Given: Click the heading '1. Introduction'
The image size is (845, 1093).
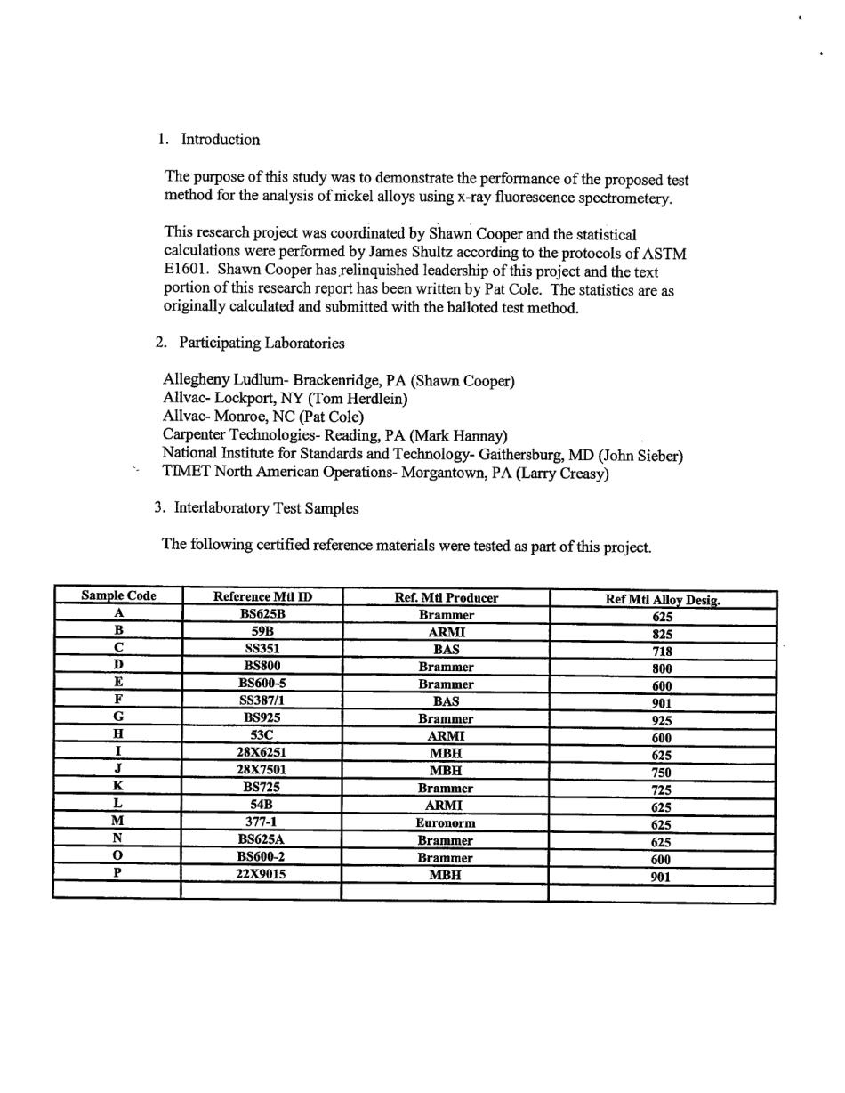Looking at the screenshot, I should (x=209, y=140).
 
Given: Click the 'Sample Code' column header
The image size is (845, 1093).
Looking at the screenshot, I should (x=118, y=596).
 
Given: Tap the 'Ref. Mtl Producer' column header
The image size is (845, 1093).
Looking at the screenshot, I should (x=446, y=598).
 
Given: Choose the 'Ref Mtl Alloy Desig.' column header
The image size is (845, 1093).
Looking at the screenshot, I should (x=663, y=600).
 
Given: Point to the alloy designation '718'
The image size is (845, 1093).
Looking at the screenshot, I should (x=662, y=652).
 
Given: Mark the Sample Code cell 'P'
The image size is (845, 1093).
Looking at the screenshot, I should (x=117, y=874).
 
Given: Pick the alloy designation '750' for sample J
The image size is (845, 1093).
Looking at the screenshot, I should (x=662, y=773).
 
